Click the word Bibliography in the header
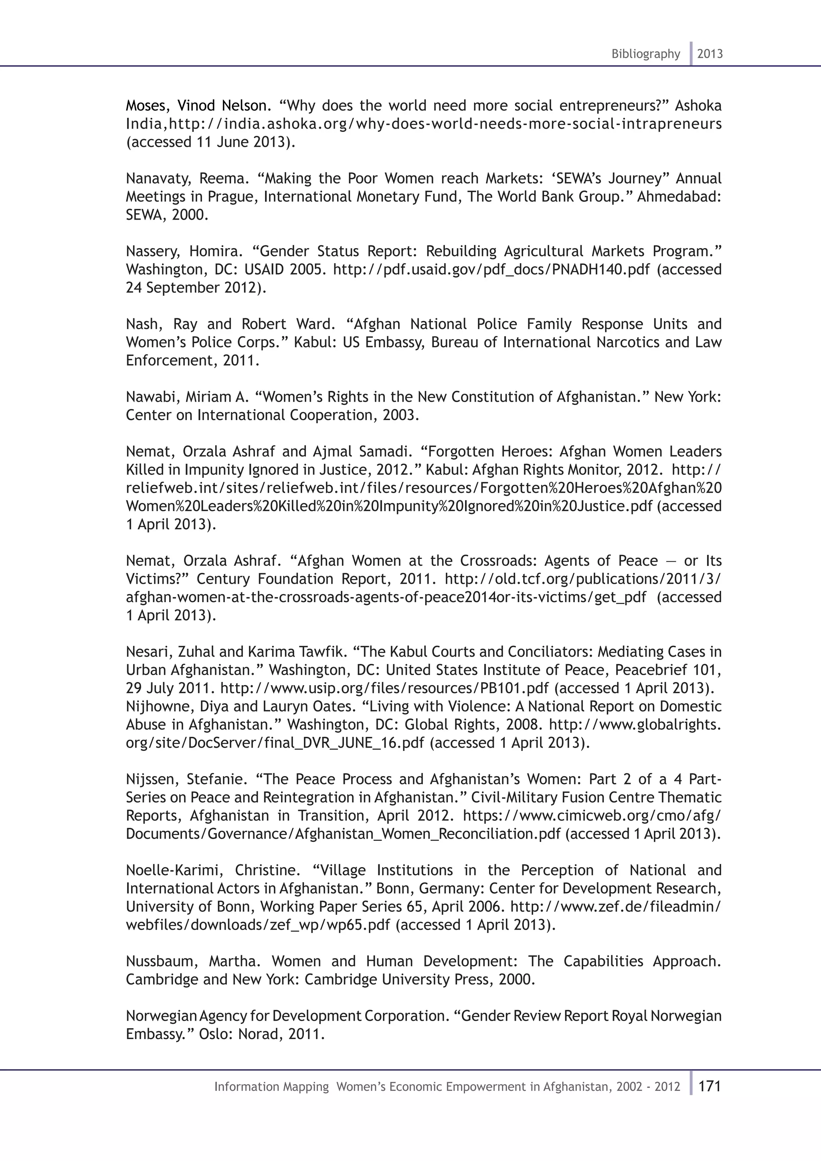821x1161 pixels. tap(645, 54)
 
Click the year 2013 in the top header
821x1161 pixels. tap(710, 54)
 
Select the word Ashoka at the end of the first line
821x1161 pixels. tap(698, 106)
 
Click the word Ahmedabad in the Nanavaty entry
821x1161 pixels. tap(678, 197)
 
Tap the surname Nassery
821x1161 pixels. tap(152, 252)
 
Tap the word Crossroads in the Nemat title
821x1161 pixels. tap(498, 561)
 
